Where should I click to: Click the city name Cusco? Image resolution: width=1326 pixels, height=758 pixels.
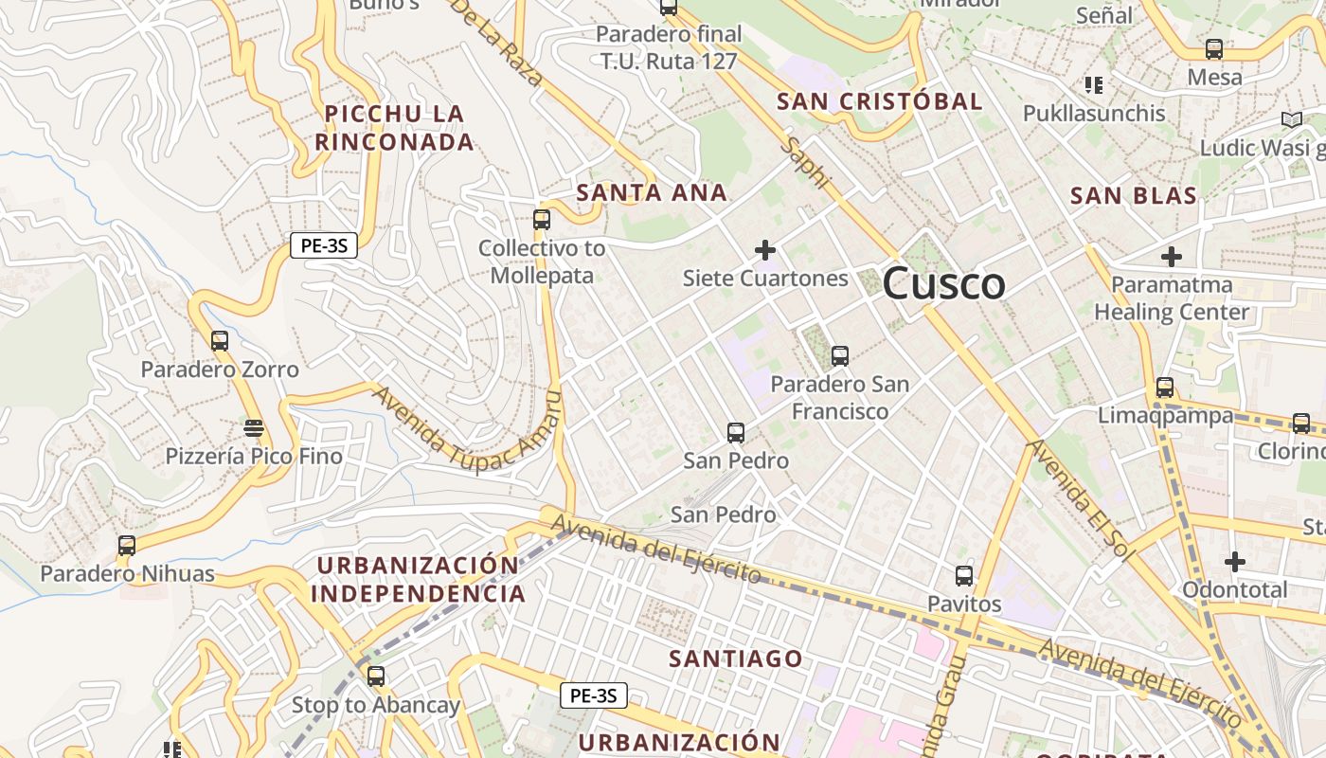click(x=943, y=284)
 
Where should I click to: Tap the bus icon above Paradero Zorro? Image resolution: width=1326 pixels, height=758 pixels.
click(x=220, y=341)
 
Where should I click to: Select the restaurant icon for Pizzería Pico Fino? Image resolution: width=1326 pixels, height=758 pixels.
click(x=253, y=428)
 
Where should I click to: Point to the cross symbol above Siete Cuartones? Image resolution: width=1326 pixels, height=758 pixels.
click(x=765, y=250)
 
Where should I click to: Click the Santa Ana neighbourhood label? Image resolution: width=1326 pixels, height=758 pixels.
click(x=652, y=193)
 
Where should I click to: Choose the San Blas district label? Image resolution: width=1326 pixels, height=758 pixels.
click(x=1134, y=196)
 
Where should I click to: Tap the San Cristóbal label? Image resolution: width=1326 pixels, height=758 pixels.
click(x=880, y=101)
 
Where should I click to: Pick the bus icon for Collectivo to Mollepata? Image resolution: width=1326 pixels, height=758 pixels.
click(x=542, y=220)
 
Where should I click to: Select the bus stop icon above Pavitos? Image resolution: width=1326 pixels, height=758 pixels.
click(x=964, y=575)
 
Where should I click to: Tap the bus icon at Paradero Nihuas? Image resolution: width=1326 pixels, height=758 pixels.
click(x=127, y=546)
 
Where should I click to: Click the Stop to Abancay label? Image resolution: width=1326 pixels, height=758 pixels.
click(x=375, y=705)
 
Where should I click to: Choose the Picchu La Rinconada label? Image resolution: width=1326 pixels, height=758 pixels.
click(x=394, y=128)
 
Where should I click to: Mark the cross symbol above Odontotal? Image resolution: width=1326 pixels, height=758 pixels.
click(x=1235, y=562)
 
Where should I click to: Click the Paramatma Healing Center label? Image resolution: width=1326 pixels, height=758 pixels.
click(x=1172, y=298)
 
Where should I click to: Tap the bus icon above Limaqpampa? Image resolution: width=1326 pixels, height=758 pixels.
click(x=1165, y=388)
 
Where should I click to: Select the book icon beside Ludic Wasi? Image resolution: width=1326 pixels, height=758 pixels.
click(x=1292, y=119)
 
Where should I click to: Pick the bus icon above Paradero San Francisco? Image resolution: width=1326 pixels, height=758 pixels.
click(x=840, y=356)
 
